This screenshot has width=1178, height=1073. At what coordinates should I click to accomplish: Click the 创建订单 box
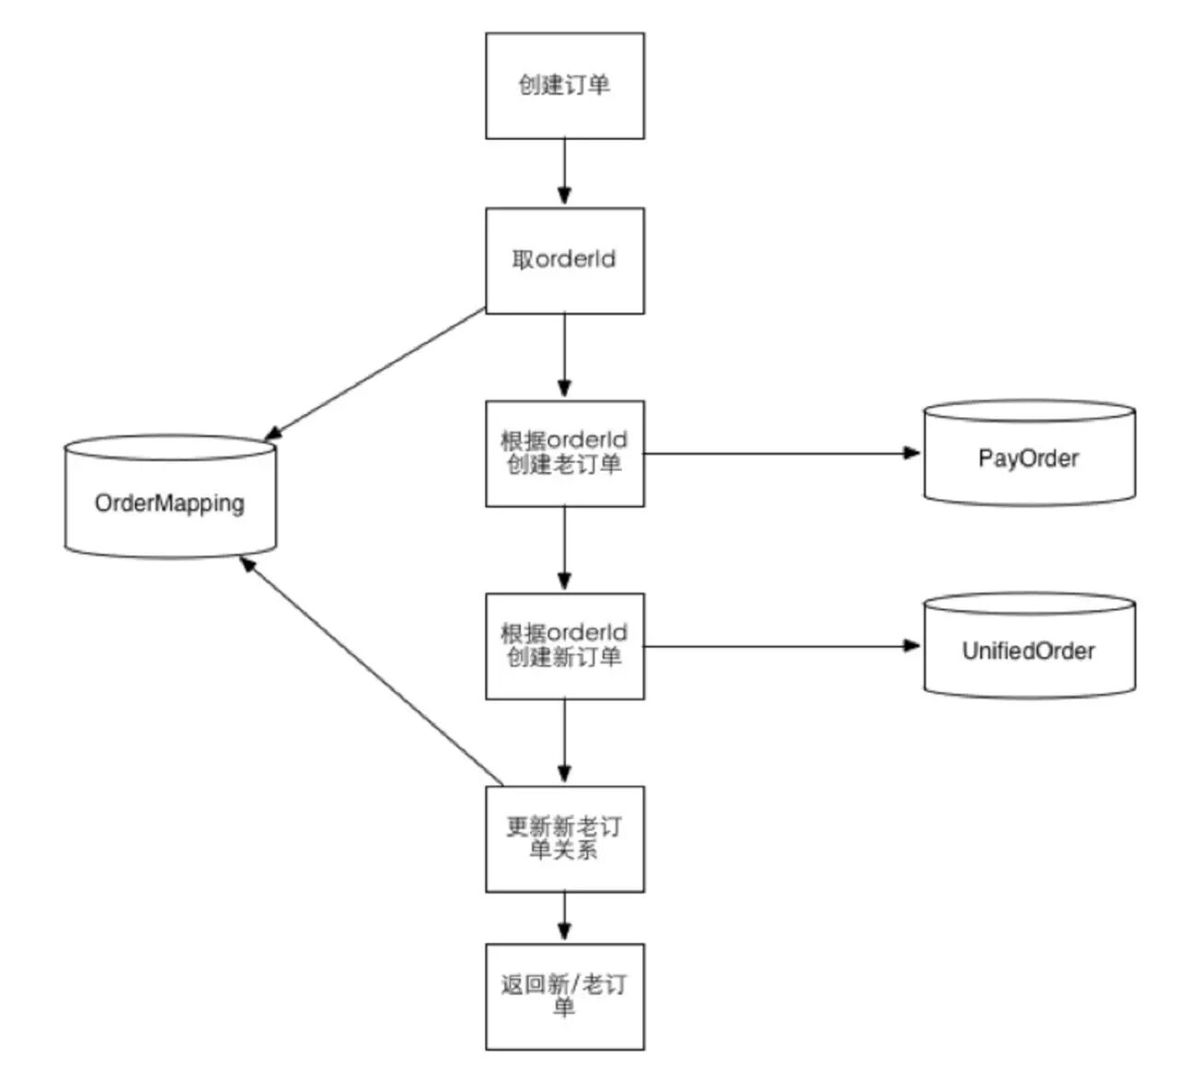point(564,86)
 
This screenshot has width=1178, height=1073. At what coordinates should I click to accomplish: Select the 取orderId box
point(564,260)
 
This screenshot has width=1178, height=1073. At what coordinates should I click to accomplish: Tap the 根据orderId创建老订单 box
point(564,453)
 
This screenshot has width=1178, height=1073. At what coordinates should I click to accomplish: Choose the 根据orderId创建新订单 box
point(564,645)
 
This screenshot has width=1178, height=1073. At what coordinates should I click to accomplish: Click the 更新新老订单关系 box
point(564,838)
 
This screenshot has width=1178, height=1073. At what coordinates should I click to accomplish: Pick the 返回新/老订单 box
point(564,996)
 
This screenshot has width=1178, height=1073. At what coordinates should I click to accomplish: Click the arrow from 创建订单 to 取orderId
point(564,173)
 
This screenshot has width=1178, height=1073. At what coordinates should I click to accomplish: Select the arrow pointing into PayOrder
point(782,453)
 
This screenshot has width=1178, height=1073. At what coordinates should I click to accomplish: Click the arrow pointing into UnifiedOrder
point(782,646)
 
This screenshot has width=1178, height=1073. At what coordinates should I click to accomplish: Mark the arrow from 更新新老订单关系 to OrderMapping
point(372,671)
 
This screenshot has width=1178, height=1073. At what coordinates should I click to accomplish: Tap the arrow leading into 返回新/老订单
point(564,917)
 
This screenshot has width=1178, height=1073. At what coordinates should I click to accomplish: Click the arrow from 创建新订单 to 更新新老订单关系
point(564,742)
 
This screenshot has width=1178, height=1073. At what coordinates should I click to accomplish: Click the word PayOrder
point(1028,458)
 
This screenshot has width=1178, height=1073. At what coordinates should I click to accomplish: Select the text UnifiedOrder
point(1028,652)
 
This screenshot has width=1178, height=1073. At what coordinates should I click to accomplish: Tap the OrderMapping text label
point(169,503)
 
